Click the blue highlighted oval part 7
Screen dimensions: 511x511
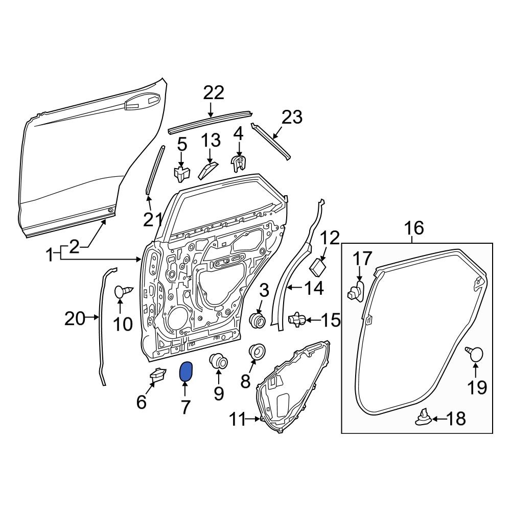click(186, 372)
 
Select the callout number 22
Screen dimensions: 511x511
click(214, 93)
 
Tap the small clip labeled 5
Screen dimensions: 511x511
click(182, 173)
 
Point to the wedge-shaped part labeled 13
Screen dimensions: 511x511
click(207, 170)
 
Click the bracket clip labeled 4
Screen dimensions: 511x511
click(238, 163)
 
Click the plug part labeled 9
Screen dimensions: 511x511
click(219, 361)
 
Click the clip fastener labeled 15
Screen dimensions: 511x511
click(297, 320)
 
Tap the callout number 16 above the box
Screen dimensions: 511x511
click(414, 228)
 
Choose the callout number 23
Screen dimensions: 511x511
click(292, 118)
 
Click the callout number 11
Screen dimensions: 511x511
click(238, 420)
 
